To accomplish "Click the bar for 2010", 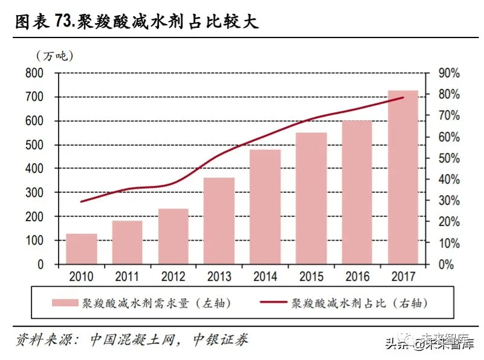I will [82, 249].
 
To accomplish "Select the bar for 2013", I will [219, 220].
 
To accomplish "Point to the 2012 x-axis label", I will [173, 277].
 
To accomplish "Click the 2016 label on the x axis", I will [357, 277].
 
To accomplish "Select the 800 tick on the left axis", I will [34, 73].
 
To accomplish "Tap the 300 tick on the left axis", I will [34, 193].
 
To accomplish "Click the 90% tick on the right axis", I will [448, 73].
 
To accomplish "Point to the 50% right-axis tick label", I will [448, 158].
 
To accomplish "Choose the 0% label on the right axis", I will [445, 265].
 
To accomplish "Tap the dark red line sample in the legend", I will [276, 302].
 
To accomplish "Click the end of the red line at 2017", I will [403, 97].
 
